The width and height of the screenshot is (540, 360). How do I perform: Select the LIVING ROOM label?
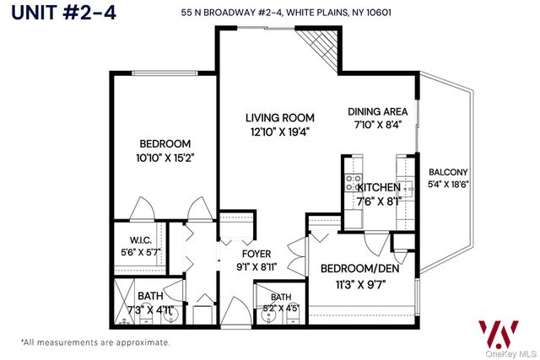point(280,117)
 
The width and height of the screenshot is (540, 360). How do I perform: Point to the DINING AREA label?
point(378,111)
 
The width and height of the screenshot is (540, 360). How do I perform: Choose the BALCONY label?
point(447,172)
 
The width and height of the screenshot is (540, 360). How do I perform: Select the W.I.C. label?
point(139,239)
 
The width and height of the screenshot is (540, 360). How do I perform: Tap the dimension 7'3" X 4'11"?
point(150,309)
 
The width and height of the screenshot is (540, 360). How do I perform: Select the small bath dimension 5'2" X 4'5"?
point(280,308)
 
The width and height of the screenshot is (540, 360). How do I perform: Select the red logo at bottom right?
point(497,333)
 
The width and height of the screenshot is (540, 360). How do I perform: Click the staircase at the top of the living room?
point(321,46)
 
